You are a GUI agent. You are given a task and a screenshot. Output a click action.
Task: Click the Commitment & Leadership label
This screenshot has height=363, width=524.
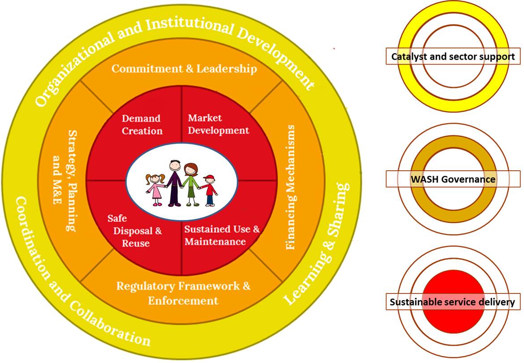184,69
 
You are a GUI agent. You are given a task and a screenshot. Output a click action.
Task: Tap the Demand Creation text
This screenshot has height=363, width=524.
142,124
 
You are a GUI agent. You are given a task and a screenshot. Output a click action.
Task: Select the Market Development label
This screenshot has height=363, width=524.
219,124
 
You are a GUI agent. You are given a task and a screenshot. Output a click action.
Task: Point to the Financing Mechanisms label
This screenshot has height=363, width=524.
291,187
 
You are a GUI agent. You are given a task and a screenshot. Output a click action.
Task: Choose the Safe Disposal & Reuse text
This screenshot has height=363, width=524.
135,231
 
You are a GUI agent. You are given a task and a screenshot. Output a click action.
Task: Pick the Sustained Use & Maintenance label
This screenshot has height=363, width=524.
222,235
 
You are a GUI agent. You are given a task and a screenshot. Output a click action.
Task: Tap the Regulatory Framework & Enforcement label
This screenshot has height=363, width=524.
183,293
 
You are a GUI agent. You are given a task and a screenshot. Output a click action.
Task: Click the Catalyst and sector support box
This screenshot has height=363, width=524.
453,56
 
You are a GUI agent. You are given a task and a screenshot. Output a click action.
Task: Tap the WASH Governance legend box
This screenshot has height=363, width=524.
453,179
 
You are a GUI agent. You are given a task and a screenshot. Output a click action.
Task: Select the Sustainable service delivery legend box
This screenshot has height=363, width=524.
453,302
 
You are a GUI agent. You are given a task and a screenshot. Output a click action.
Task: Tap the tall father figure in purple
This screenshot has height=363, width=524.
174,183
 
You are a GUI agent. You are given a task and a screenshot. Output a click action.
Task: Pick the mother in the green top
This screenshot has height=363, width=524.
191,184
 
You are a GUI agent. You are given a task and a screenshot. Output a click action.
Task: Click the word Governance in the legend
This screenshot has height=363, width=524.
468,179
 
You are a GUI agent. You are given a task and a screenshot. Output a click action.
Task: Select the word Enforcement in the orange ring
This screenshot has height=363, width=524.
183,301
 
